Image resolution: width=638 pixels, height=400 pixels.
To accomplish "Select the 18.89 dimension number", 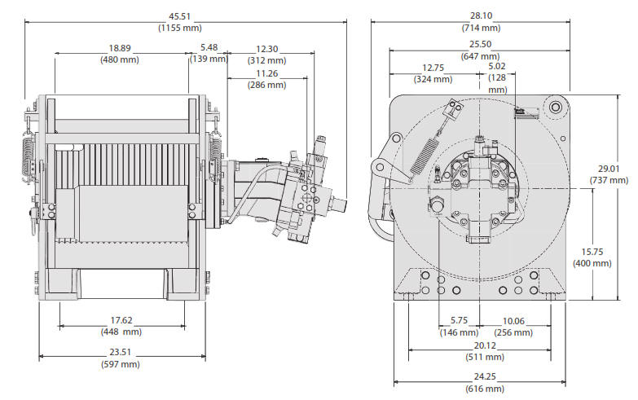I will [120, 48].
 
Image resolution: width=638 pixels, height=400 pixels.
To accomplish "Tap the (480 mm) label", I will [120, 59].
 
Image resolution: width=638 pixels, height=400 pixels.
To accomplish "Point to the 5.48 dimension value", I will [209, 48].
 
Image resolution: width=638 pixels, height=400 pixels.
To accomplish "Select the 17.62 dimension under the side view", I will [121, 320].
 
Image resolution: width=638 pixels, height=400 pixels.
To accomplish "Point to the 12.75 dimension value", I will [432, 68].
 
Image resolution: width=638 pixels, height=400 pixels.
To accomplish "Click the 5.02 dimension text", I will [498, 67].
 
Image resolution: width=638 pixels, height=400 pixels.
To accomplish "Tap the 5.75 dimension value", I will [458, 321].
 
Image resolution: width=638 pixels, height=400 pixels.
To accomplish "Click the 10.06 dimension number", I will [513, 321].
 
